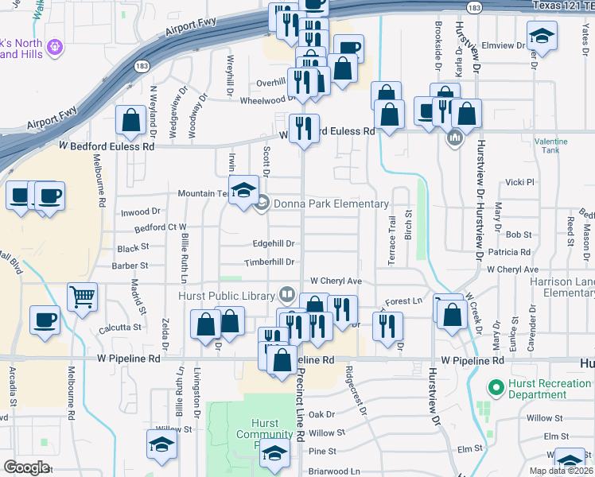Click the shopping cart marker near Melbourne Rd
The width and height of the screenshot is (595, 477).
(82, 297)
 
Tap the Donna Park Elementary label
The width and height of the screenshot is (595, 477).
(331, 204)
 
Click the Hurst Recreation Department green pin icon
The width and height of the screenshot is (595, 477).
(496, 390)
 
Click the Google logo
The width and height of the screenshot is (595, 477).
(26, 467)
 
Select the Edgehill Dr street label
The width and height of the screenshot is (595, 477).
(274, 244)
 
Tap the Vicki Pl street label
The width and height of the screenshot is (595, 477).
(519, 182)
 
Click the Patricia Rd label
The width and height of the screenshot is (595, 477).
(509, 252)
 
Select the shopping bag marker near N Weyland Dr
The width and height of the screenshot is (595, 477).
(130, 121)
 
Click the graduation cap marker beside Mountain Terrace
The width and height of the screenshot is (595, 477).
(243, 190)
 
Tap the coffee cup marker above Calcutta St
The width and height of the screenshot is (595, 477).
(45, 320)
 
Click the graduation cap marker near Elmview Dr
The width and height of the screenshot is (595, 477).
(542, 36)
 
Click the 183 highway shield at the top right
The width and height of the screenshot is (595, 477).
(472, 7)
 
